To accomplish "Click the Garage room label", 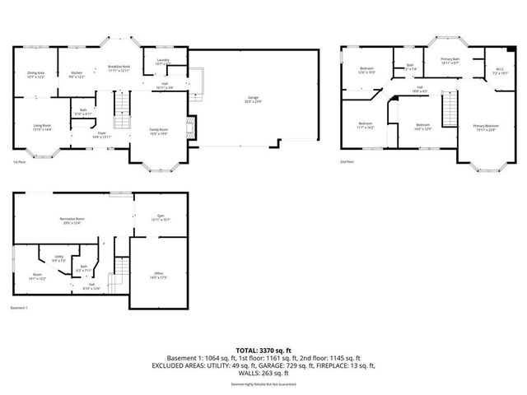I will [x=254, y=98].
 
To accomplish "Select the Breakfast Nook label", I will [x=119, y=67].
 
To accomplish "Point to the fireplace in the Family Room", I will [x=191, y=125].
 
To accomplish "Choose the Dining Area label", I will [x=35, y=72].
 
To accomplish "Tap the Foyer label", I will [x=102, y=132].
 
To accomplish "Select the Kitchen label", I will [x=76, y=72].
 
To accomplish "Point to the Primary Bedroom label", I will [x=485, y=125].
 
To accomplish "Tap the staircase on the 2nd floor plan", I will [x=450, y=109].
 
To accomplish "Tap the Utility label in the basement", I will [x=59, y=257].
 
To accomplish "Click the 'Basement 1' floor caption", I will [x=20, y=308].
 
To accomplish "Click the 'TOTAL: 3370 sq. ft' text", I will [x=263, y=350].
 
